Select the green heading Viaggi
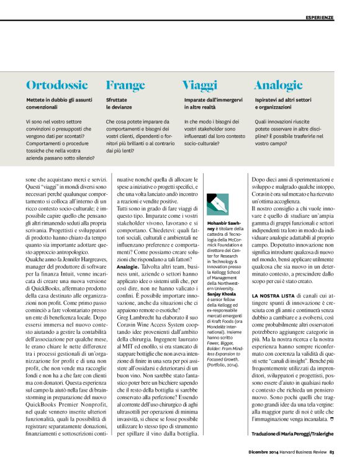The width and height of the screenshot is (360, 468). pos(200,86)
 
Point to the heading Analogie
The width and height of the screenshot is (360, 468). pos(278,86)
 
